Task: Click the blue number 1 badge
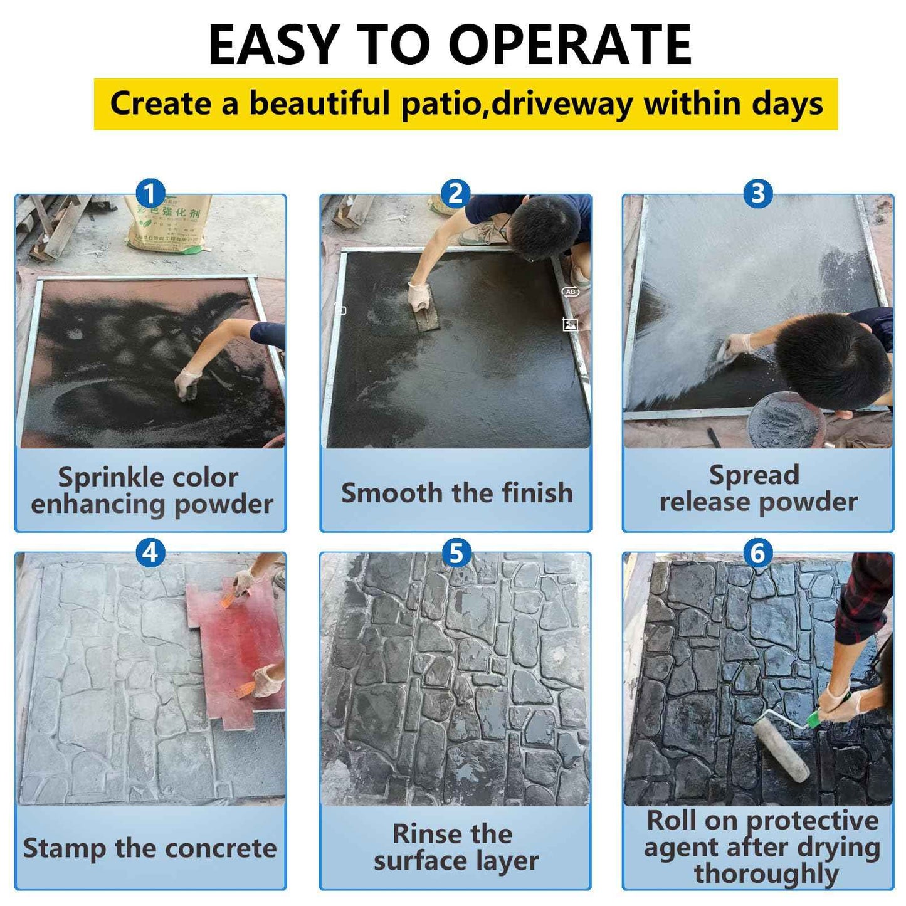pos(150,194)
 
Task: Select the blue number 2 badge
pos(455,194)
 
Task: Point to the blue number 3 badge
pos(757,194)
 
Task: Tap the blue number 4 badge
pos(150,553)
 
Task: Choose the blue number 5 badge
pos(456,553)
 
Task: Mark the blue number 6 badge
pos(757,553)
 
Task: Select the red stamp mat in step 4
pos(238,652)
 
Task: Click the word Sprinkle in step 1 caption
pos(102,478)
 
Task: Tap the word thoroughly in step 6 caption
pos(766,873)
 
